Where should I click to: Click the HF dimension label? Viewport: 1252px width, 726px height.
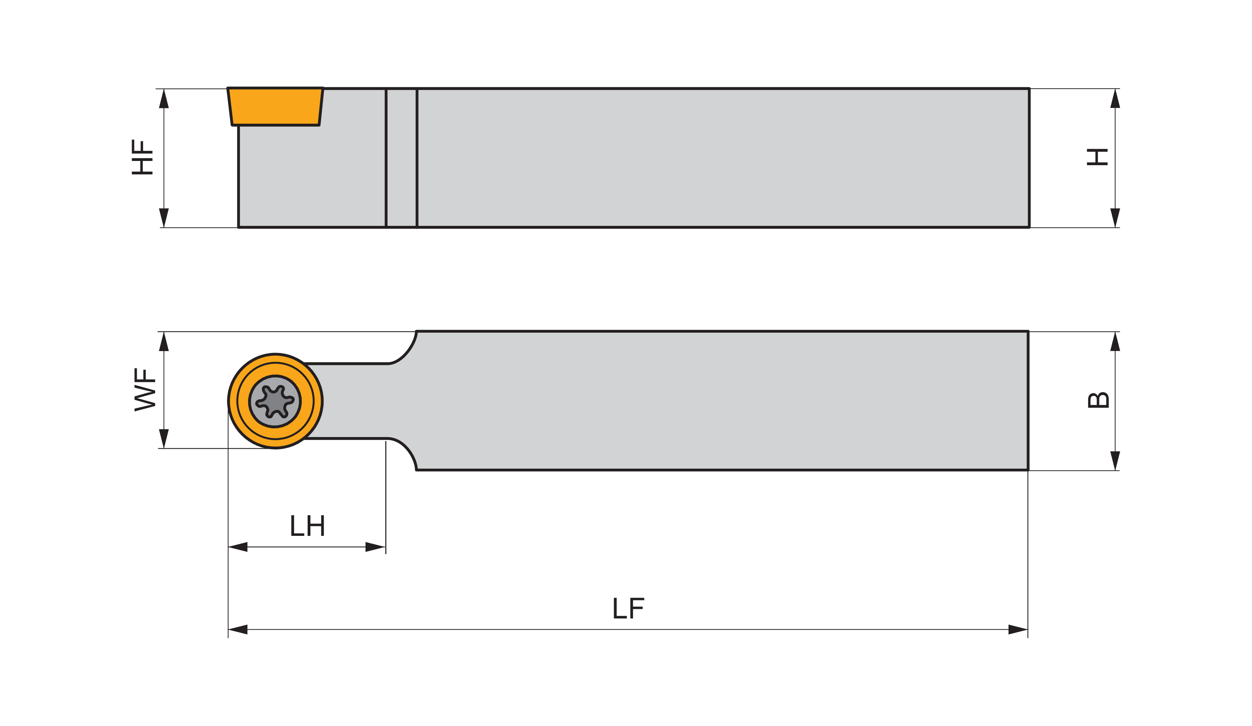pos(142,157)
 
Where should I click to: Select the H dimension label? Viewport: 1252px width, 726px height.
pos(1097,157)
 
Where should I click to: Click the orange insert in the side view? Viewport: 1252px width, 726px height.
pos(275,106)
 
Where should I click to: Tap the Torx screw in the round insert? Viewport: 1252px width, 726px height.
pos(275,401)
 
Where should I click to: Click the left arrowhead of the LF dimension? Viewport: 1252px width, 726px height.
pos(237,630)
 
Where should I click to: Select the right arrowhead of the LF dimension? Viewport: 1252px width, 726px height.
pos(1018,630)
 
